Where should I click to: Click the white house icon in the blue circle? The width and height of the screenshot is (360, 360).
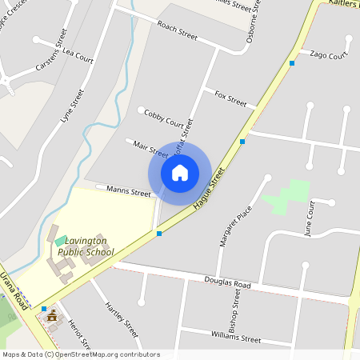pyautogui.click(x=180, y=172)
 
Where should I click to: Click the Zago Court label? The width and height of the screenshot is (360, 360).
pyautogui.click(x=328, y=54)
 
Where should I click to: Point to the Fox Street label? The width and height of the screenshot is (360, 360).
pyautogui.click(x=230, y=98)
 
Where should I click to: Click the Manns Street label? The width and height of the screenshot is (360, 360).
pyautogui.click(x=130, y=193)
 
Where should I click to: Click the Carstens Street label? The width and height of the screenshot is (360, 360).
pyautogui.click(x=49, y=47)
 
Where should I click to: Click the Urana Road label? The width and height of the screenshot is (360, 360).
pyautogui.click(x=14, y=290)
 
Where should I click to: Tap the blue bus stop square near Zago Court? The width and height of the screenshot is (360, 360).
pyautogui.click(x=292, y=62)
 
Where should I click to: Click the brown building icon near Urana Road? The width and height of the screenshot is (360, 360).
pyautogui.click(x=54, y=316)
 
